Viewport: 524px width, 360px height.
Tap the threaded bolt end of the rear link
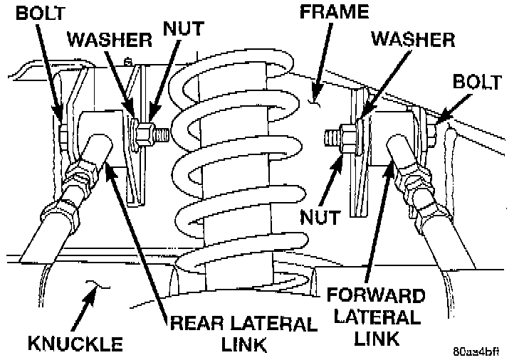click(161, 133)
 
